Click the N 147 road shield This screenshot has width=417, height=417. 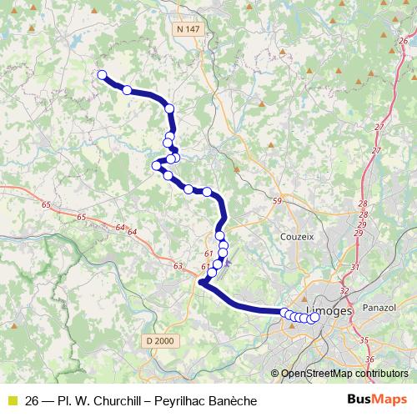pyautogui.click(x=188, y=29)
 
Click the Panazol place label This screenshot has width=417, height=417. pyautogui.click(x=378, y=307)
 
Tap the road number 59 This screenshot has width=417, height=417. pyautogui.click(x=278, y=201)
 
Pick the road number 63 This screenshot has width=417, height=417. pyautogui.click(x=178, y=265)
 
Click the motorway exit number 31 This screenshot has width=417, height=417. pyautogui.click(x=354, y=267)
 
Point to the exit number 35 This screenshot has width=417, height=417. pyautogui.click(x=364, y=339)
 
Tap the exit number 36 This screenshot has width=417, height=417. pyautogui.click(x=369, y=359)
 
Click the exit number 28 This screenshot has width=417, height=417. pyautogui.click(x=362, y=203)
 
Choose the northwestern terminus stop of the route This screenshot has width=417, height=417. pyautogui.click(x=103, y=75)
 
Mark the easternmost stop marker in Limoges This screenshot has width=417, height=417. pyautogui.click(x=315, y=317)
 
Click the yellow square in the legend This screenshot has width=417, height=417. pyautogui.click(x=11, y=400)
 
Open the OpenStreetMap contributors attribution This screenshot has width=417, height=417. pyautogui.click(x=344, y=374)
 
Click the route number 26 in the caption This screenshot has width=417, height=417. pyautogui.click(x=33, y=400)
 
